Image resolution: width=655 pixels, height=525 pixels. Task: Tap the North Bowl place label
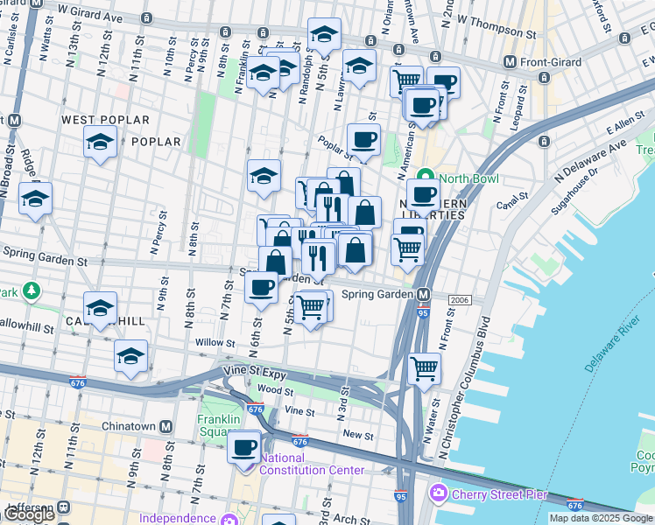click(468, 178)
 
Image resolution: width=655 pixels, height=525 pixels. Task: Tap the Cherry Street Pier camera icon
click(437, 494)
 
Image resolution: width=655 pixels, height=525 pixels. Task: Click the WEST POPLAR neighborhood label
click(105, 120)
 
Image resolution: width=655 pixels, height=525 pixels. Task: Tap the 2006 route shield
click(461, 300)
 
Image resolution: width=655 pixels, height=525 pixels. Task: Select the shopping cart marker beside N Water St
click(425, 369)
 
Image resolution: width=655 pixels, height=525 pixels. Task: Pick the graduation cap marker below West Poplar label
click(100, 143)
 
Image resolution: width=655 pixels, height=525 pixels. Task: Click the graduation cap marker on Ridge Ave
click(35, 199)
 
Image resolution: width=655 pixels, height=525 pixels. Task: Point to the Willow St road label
click(211, 342)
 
